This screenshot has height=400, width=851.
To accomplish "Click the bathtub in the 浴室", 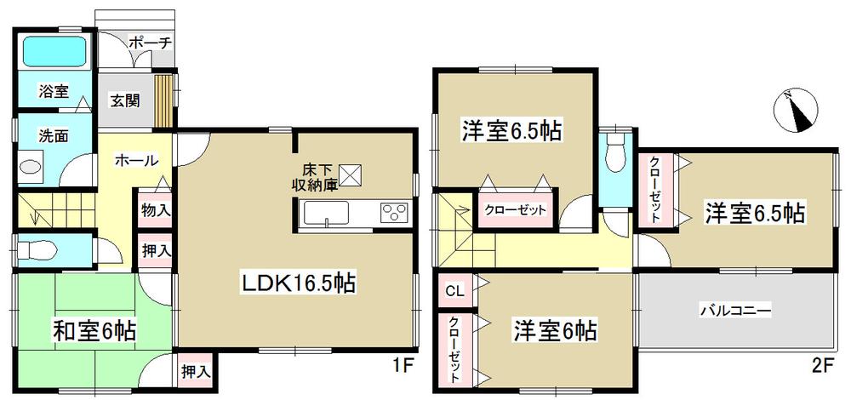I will click(x=53, y=53).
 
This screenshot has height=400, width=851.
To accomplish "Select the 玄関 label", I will click(x=125, y=99).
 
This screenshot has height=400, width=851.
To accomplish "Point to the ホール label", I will click(x=135, y=159).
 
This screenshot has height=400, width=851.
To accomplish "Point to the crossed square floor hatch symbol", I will click(x=351, y=174).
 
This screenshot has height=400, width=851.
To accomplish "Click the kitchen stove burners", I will click(x=394, y=213).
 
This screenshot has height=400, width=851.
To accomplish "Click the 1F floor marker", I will click(x=403, y=367).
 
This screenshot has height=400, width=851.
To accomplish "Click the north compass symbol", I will click(x=797, y=111).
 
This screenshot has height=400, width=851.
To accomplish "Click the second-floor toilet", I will click(x=613, y=157).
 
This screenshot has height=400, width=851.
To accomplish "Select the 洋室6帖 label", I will click(x=554, y=329).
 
